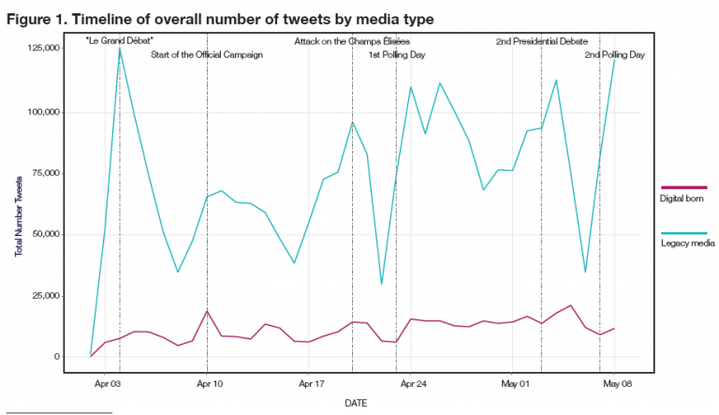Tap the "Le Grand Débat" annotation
pyautogui.click(x=119, y=41)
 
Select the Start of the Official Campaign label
pyautogui.click(x=206, y=55)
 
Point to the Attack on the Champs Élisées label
pyautogui.click(x=351, y=41)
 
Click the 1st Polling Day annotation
pyautogui.click(x=396, y=55)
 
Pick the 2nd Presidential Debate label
pyautogui.click(x=541, y=41)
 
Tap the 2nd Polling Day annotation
pyautogui.click(x=614, y=55)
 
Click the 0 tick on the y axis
pyautogui.click(x=57, y=357)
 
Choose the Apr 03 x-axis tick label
pyautogui.click(x=108, y=384)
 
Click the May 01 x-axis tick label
pyautogui.click(x=515, y=384)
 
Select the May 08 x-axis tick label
pyautogui.click(x=615, y=384)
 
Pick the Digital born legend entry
pyautogui.click(x=675, y=199)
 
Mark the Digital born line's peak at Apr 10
pyautogui.click(x=207, y=311)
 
